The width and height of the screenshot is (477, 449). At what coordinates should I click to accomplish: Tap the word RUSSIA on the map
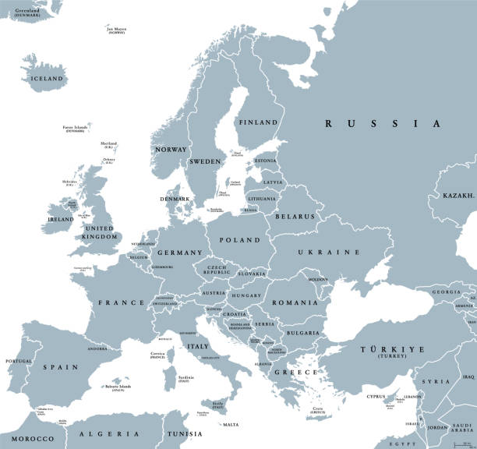(x=383, y=123)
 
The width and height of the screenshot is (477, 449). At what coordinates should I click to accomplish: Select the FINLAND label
(x=257, y=122)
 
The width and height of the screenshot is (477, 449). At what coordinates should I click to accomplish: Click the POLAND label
(x=238, y=240)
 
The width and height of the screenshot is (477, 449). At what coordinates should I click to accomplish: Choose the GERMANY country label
(x=180, y=253)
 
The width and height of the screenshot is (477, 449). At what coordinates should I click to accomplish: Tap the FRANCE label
(x=121, y=302)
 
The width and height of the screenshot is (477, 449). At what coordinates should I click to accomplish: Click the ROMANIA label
(x=295, y=302)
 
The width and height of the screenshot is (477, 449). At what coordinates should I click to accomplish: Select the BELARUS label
(x=293, y=216)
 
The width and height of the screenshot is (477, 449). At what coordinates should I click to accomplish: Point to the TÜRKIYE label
(x=390, y=349)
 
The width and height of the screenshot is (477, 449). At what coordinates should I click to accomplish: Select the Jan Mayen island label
(x=117, y=30)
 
